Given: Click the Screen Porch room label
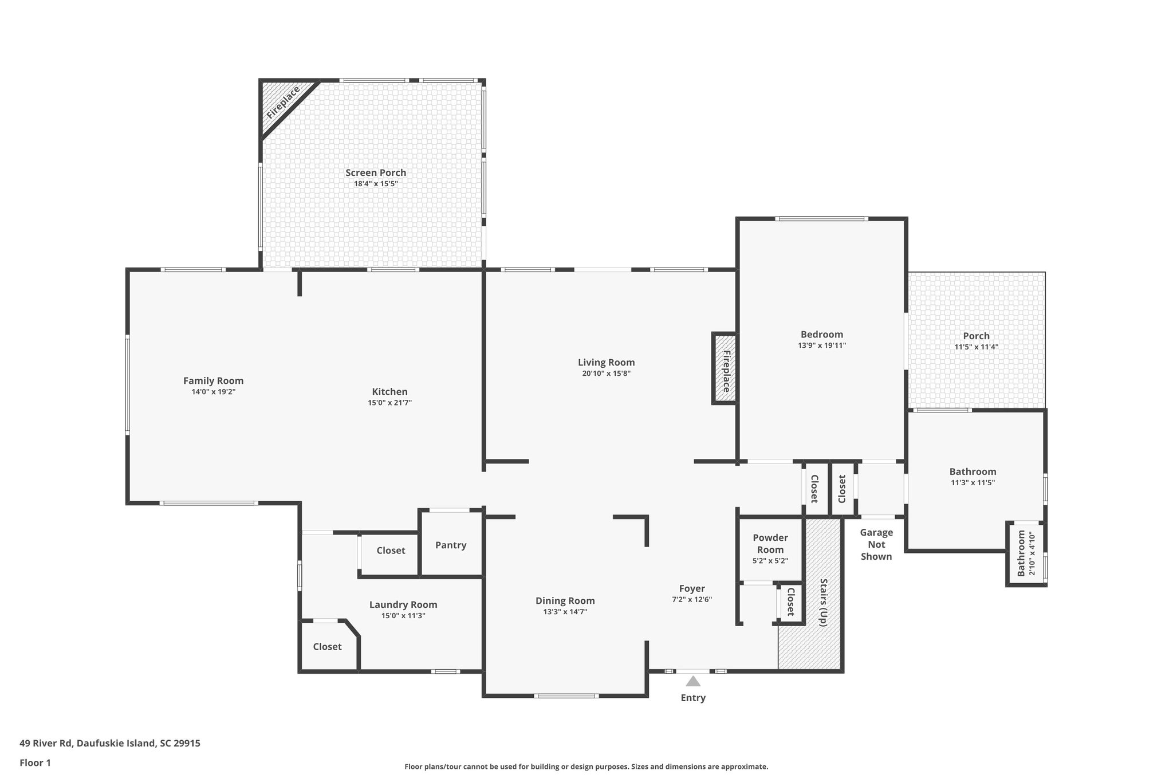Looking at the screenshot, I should point(376,172).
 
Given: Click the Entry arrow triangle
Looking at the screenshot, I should point(693,681).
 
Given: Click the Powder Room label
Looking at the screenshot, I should point(770,544).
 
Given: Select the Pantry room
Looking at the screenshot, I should point(451,545).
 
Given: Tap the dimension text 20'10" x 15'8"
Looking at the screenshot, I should point(606,374).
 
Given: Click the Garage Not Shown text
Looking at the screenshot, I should point(876,544).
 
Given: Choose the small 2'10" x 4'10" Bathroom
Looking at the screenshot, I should point(1026,553).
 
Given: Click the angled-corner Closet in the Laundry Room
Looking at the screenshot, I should point(328,646).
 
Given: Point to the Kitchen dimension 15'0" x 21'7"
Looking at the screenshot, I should point(389,403).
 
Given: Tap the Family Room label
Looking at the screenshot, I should point(213,380).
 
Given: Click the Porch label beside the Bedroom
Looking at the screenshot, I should point(976,336).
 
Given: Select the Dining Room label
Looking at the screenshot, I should point(565,600).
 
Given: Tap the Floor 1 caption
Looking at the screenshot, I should point(35,763).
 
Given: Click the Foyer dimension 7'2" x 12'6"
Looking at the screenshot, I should point(692,599).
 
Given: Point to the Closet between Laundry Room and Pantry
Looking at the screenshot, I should point(391,551).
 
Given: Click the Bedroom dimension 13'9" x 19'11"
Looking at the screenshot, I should point(821,345).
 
